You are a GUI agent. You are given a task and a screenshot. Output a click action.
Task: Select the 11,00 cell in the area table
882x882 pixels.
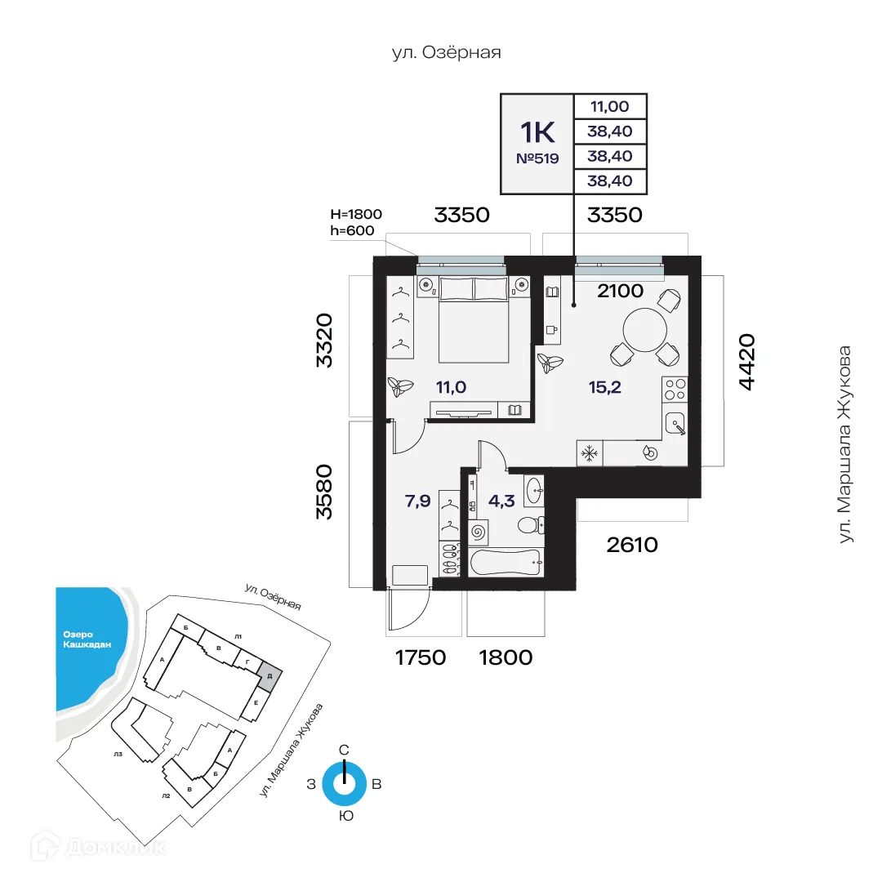[x=610, y=106]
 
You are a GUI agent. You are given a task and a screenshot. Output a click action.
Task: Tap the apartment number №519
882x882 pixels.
[x=537, y=159]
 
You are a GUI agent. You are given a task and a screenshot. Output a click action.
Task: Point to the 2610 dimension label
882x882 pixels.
[x=632, y=545]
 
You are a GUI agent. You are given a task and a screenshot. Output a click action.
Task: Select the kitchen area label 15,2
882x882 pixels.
[x=605, y=387]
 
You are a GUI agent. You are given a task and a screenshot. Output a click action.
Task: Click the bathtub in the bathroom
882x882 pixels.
[x=506, y=561]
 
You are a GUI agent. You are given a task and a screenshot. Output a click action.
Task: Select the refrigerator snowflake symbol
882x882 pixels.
[x=589, y=454]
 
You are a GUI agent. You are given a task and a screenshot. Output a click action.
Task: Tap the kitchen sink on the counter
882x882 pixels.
[x=675, y=424]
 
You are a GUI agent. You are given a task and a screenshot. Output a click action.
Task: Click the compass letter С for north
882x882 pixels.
[x=345, y=750]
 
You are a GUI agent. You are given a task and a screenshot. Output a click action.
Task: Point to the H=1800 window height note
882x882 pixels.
[x=356, y=215]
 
